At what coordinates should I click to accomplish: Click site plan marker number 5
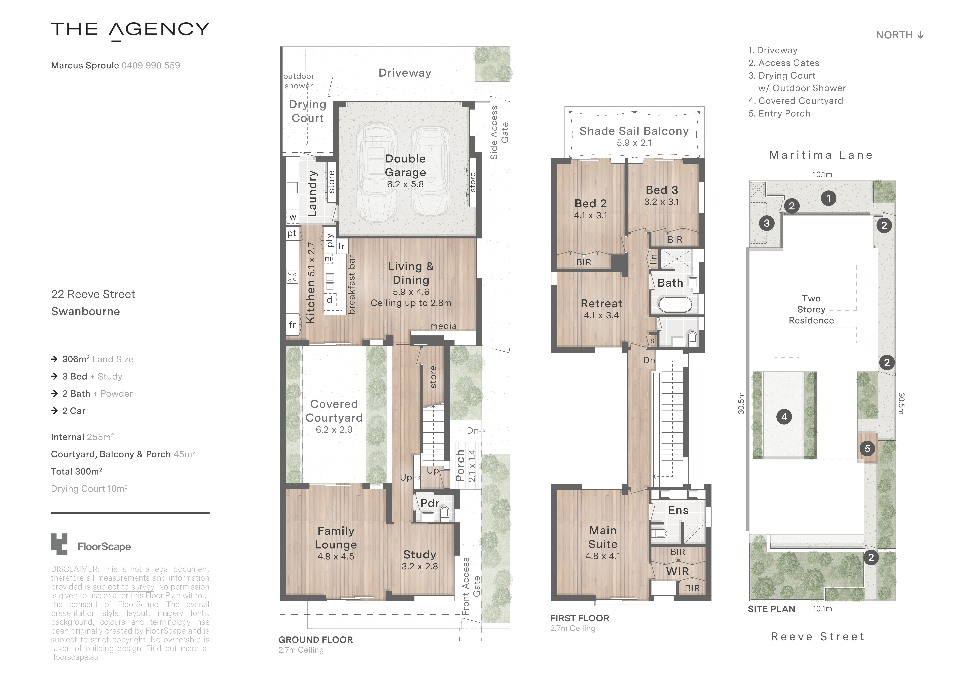pos(867,449)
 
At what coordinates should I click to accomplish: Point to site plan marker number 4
pos(784,417)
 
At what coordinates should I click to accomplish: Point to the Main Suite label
pos(603,537)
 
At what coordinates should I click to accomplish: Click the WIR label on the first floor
pos(677,571)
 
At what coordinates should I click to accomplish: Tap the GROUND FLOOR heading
pos(316,640)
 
